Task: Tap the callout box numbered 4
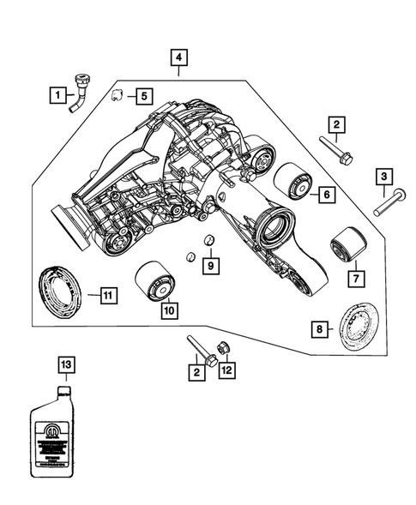pyautogui.click(x=178, y=58)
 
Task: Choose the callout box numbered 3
pyautogui.click(x=384, y=177)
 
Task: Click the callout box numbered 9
pyautogui.click(x=210, y=266)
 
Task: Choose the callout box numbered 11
pyautogui.click(x=105, y=296)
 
